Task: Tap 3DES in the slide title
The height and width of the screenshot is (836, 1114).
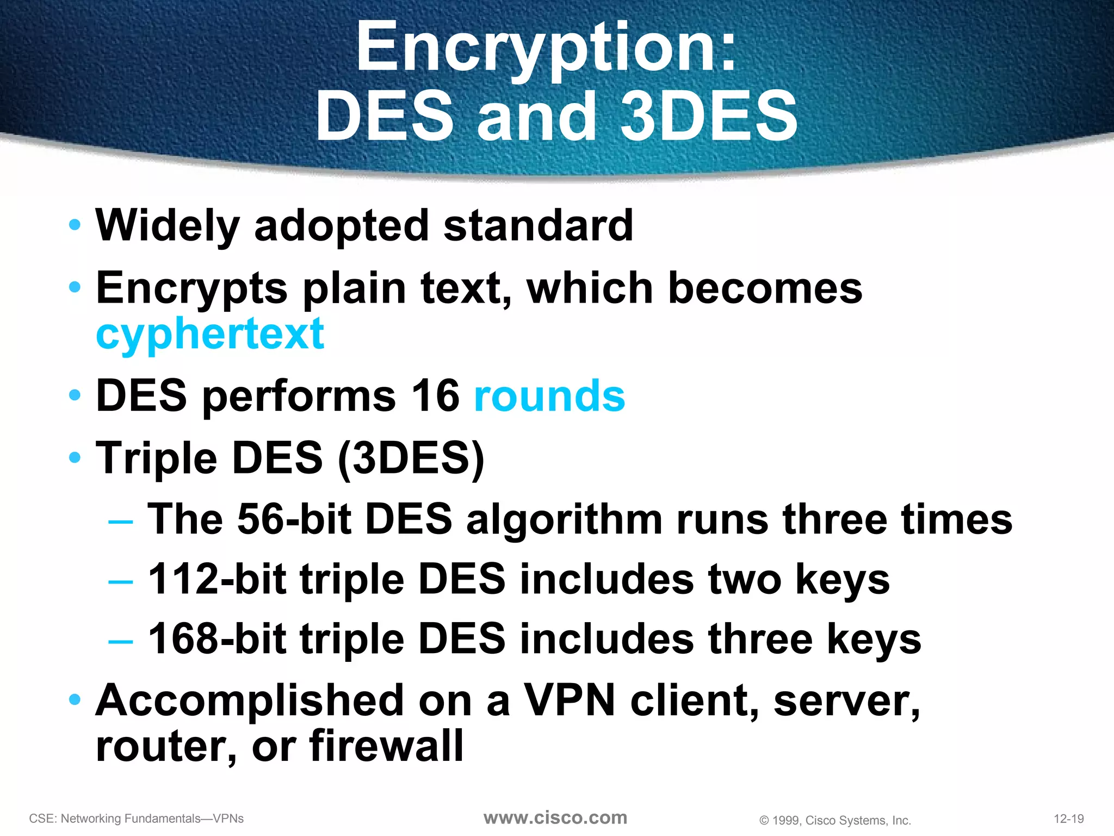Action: [708, 116]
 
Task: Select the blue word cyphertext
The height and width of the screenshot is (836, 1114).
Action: [210, 334]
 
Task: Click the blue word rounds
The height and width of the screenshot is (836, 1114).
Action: [549, 396]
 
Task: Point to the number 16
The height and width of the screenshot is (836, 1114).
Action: [435, 396]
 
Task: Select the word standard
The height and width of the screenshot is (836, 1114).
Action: [539, 226]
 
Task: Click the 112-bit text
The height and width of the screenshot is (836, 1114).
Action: [217, 579]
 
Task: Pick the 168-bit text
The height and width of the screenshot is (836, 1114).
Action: [217, 639]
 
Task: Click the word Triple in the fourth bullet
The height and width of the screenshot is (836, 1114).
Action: [156, 458]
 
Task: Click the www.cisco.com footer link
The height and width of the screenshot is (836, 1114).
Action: [555, 817]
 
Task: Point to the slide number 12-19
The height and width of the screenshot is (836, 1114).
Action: [1069, 819]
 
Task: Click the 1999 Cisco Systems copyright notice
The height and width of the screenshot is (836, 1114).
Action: [835, 820]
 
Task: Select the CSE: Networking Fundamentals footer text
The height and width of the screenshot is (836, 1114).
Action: [137, 819]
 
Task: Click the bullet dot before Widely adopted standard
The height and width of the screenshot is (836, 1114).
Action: [75, 224]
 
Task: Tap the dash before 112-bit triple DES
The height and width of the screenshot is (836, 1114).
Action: [120, 582]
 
